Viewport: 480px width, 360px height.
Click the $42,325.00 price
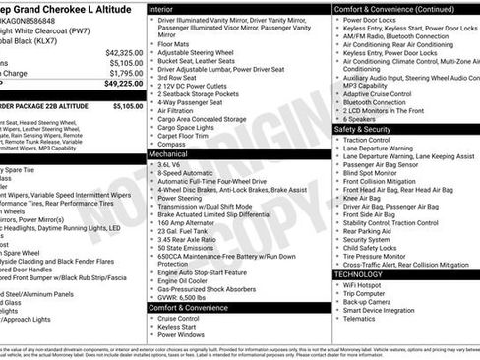pos(124,52)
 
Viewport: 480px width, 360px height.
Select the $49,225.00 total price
pos(124,84)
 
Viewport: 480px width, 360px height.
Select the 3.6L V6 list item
pos(171,164)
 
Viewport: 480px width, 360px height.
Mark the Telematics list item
pos(360,318)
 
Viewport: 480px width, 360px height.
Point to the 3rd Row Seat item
pos(179,81)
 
